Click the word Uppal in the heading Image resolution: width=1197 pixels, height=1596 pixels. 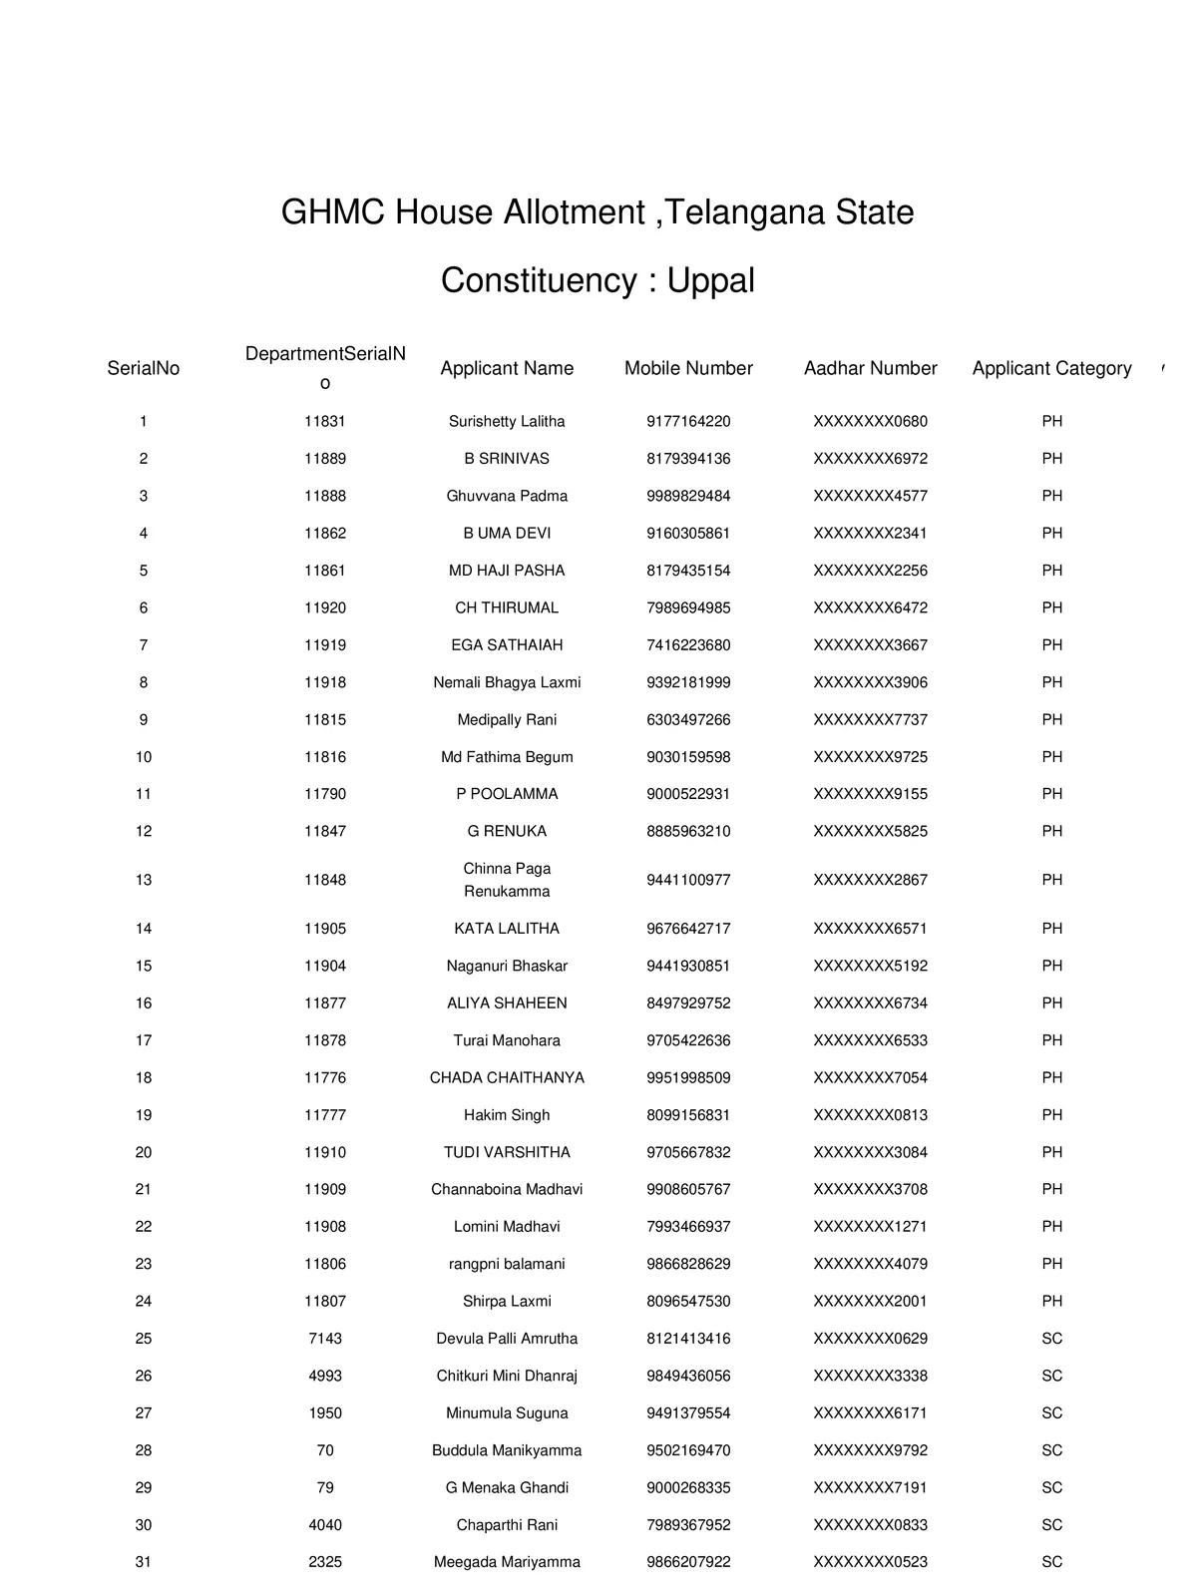[x=710, y=281]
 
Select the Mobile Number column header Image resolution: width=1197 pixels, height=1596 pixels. [x=688, y=368]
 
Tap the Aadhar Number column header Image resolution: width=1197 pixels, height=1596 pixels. [x=870, y=368]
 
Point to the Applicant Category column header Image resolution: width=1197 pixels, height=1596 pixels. [x=1051, y=368]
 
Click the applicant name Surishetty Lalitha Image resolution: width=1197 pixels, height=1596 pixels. [x=507, y=422]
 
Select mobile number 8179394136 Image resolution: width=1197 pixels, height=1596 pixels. [x=688, y=459]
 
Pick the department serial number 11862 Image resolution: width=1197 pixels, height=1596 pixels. [x=325, y=534]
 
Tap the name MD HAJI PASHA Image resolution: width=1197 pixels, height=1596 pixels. [x=507, y=571]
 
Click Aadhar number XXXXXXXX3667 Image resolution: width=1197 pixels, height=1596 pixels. [x=870, y=645]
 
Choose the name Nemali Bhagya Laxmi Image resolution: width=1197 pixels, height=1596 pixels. [x=507, y=682]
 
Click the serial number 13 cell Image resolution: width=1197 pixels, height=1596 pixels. [x=144, y=880]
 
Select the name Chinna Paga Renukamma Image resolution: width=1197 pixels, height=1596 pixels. [x=507, y=880]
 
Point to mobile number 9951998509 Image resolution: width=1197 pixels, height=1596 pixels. [x=688, y=1077]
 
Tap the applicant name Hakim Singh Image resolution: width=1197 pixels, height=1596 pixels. [x=507, y=1115]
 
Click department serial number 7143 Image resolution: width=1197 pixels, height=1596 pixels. [x=325, y=1339]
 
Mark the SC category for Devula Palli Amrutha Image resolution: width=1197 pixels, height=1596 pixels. [x=1051, y=1339]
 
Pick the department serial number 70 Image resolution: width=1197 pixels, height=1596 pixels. [x=325, y=1450]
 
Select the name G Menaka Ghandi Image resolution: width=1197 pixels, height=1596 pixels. [x=507, y=1487]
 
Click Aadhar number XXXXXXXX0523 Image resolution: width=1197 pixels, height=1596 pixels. [x=870, y=1562]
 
